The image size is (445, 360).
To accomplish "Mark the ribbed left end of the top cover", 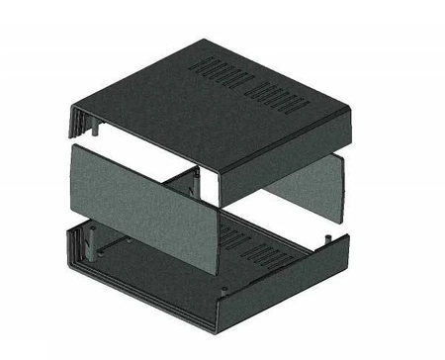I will [x=74, y=124].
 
